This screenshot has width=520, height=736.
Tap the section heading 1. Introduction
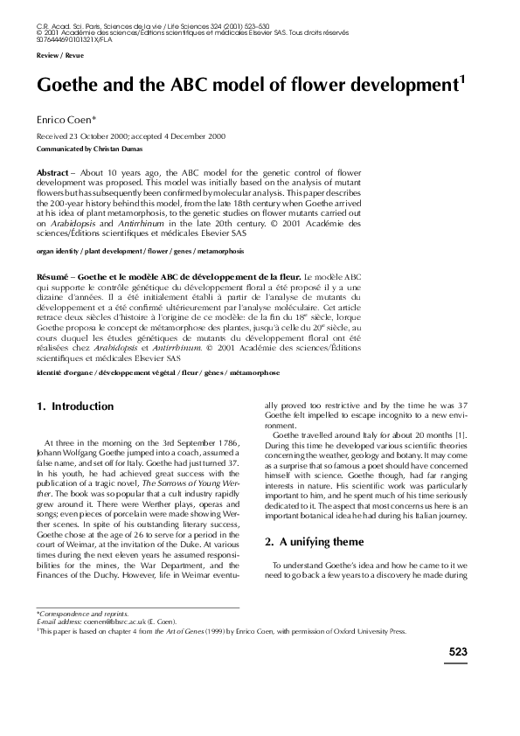pos(75,406)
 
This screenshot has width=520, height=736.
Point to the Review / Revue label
pos(54,54)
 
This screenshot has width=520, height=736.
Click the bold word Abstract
pos(55,174)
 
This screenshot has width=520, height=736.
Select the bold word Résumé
pos(54,275)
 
